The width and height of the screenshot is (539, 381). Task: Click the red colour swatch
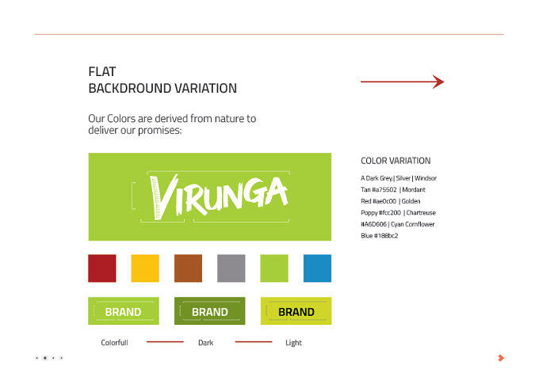[102, 269]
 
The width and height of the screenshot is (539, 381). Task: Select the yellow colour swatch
[145, 269]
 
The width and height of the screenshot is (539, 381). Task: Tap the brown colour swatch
[188, 269]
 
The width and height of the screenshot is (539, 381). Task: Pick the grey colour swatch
[231, 269]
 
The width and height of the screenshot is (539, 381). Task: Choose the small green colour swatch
[274, 269]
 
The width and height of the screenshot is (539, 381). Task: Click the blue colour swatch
[317, 269]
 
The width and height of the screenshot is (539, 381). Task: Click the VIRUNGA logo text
[219, 196]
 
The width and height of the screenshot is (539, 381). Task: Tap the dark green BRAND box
[210, 311]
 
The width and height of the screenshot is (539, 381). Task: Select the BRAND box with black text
[296, 311]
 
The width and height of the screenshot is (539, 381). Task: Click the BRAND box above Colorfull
[124, 311]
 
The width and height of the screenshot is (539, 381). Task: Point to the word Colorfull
[114, 342]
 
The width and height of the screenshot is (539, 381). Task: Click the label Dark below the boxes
[205, 342]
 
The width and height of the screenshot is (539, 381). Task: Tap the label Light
[293, 343]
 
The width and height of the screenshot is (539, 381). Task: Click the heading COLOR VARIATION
[396, 161]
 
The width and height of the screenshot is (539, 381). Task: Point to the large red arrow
[402, 82]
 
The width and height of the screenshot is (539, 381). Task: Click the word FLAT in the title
[102, 72]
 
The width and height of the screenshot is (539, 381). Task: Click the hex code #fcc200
[390, 212]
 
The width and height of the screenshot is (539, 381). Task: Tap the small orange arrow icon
[501, 358]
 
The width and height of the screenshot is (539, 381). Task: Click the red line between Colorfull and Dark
[165, 342]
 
